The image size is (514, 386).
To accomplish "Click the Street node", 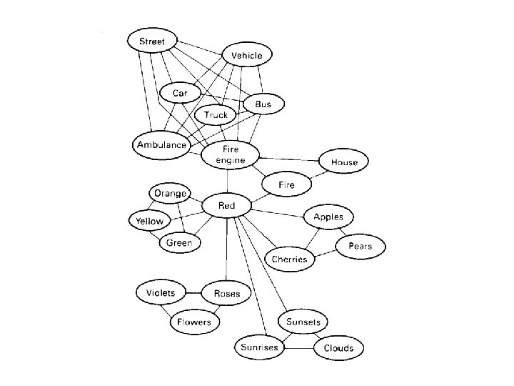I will (151, 41).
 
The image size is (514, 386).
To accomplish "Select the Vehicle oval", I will (247, 55).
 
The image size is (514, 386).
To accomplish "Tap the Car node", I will (178, 93).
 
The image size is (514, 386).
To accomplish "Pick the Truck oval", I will (216, 114).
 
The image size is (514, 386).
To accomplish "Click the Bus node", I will (263, 104).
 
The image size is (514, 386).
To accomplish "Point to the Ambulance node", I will (161, 144).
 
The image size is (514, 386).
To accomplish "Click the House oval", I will (343, 162).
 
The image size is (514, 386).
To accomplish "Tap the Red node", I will (226, 206).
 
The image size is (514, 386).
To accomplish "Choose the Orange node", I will (170, 193).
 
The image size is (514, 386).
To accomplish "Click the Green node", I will (179, 243).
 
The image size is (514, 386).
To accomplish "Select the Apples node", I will (328, 217).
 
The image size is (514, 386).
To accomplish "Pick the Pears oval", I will (361, 247).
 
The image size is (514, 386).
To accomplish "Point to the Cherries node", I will (290, 259).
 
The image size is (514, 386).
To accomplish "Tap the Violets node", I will (161, 292).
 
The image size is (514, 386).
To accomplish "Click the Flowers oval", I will (194, 322).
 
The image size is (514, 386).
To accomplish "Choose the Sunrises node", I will (259, 347).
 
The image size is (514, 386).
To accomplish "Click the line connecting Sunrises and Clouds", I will (299, 348).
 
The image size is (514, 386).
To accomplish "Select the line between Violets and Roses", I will (193, 292).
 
